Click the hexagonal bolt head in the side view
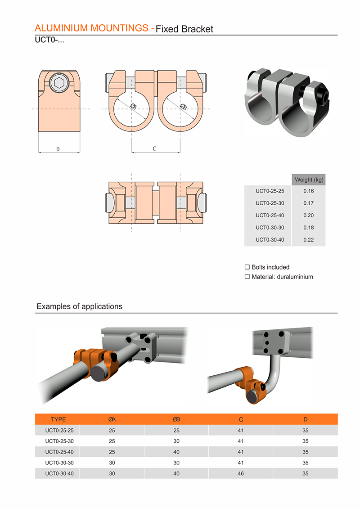pyautogui.click(x=59, y=82)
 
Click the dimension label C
pyautogui.click(x=154, y=149)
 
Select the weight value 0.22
pyautogui.click(x=308, y=240)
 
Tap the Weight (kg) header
pyautogui.click(x=309, y=180)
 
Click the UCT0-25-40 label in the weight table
pyautogui.click(x=270, y=216)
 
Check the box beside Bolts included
pyautogui.click(x=247, y=267)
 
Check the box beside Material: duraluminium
pyautogui.click(x=247, y=277)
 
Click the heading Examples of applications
pyautogui.click(x=79, y=306)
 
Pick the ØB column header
pyautogui.click(x=176, y=419)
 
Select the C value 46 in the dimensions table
pyautogui.click(x=241, y=473)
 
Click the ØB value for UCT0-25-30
pyautogui.click(x=176, y=441)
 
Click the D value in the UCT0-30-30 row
pyautogui.click(x=305, y=463)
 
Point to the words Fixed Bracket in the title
pyautogui.click(x=184, y=29)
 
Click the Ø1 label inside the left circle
pyautogui.click(x=133, y=106)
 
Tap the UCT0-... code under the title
pyautogui.click(x=48, y=40)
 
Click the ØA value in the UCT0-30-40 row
pyautogui.click(x=112, y=473)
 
